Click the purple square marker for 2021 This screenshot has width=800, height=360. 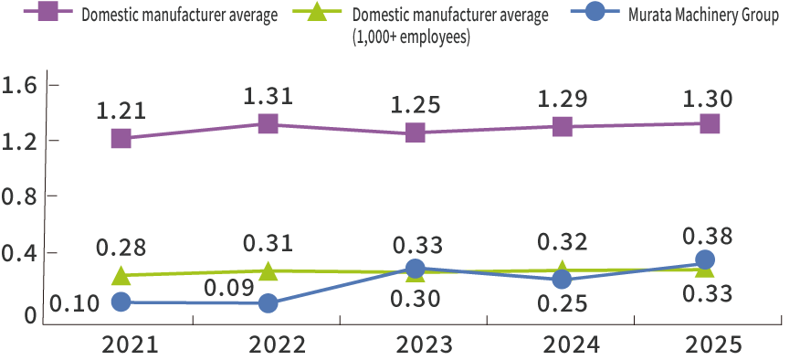coord(121,138)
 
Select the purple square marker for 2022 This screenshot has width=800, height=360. coord(268,123)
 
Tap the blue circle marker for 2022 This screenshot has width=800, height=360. coord(268,302)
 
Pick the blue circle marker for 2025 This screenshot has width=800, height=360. coord(705,260)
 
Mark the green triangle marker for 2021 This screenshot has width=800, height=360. coord(121,275)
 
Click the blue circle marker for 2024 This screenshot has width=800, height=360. coord(562,279)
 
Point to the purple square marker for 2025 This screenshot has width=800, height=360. coord(710,123)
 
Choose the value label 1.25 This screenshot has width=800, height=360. coord(416,103)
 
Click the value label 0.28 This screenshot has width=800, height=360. coord(121,247)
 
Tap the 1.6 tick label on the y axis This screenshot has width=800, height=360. coord(18,85)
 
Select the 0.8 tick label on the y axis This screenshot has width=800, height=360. coord(18,196)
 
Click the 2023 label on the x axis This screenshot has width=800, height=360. coord(416,345)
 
